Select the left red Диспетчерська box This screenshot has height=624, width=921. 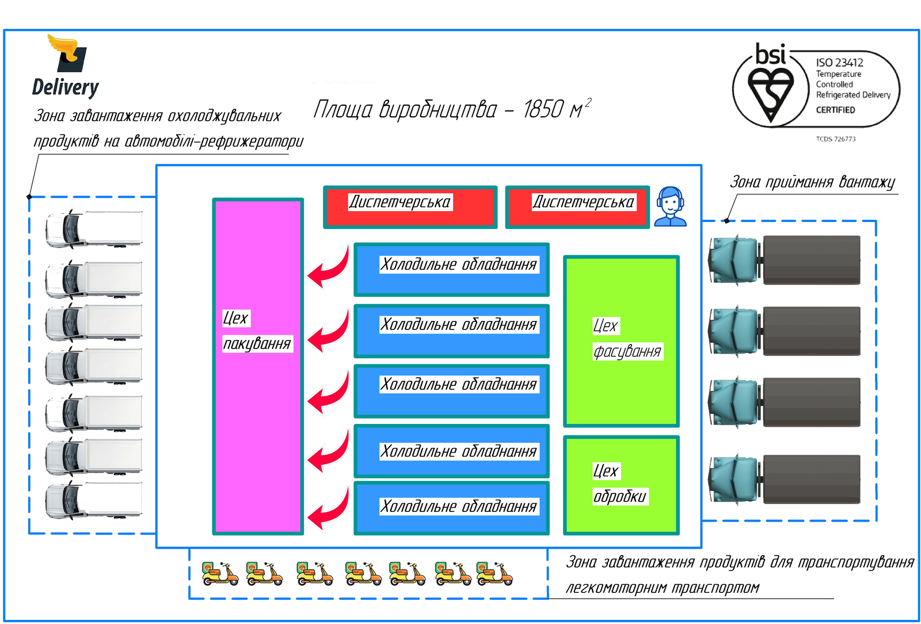pyautogui.click(x=410, y=207)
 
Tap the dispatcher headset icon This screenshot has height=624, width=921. pyautogui.click(x=671, y=206)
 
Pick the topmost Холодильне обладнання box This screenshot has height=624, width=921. pyautogui.click(x=451, y=269)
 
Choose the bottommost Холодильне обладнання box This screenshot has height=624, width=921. pyautogui.click(x=451, y=508)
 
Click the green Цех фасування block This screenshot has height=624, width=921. pyautogui.click(x=621, y=341)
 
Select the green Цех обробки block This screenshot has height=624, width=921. pyautogui.click(x=621, y=485)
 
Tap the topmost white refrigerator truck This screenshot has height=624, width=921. pyautogui.click(x=94, y=228)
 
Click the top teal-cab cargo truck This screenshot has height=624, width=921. pyautogui.click(x=784, y=260)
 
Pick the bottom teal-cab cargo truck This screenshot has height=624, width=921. pyautogui.click(x=784, y=479)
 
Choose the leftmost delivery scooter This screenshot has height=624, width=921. pyautogui.click(x=219, y=573)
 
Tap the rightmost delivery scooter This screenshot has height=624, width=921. pyautogui.click(x=494, y=573)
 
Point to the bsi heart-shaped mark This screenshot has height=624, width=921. pyautogui.click(x=770, y=92)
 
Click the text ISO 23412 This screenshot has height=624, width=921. pyautogui.click(x=839, y=63)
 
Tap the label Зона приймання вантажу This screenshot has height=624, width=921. pyautogui.click(x=812, y=182)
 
